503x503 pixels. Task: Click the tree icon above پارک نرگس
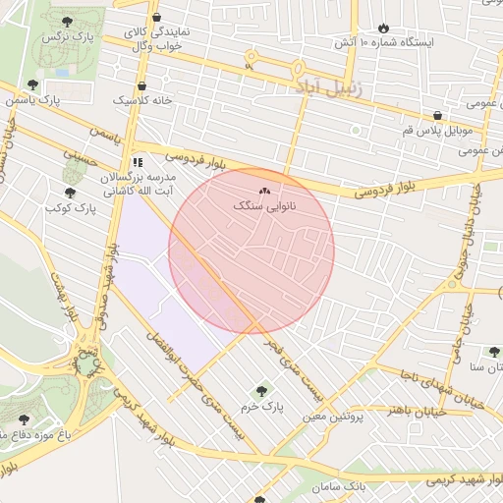tap(66, 21)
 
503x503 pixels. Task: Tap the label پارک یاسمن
tap(48, 99)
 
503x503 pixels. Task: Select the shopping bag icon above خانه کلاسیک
tap(142, 85)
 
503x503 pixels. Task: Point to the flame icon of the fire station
tap(383, 28)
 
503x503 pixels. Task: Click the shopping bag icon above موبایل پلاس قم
tap(437, 115)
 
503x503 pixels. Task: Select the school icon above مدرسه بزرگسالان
tap(137, 161)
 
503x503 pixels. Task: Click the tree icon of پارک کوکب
tap(69, 193)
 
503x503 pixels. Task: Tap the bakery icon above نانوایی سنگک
tap(263, 191)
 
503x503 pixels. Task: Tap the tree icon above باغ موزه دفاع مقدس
tap(23, 419)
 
